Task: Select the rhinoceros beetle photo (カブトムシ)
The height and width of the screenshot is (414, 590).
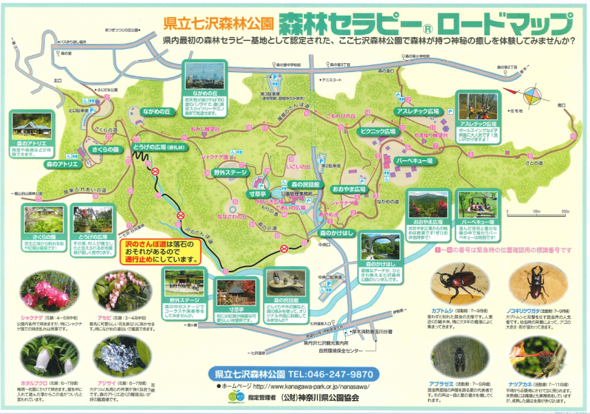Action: (457, 285)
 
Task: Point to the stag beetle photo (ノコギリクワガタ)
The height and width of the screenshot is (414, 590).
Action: (536, 284)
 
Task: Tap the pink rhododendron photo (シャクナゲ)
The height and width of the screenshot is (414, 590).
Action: (44, 292)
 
